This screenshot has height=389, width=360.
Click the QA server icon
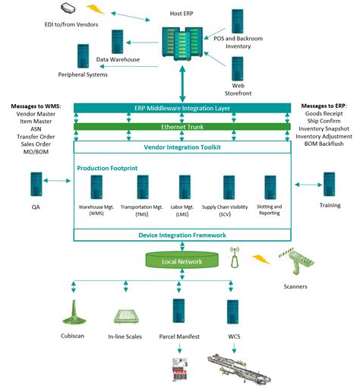point(35,185)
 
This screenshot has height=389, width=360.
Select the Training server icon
point(329,185)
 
